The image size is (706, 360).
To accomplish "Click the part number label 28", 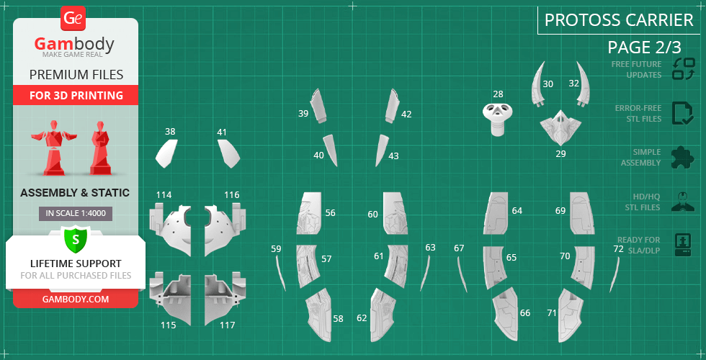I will (498, 94).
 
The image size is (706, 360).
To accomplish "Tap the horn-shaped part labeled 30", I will (537, 85).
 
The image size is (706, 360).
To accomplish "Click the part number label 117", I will (227, 325).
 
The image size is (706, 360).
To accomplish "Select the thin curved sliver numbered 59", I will (280, 273).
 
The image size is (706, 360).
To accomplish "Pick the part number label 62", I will (362, 318).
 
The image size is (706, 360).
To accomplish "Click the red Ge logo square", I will (73, 18).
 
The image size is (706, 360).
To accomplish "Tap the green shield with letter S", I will (75, 238).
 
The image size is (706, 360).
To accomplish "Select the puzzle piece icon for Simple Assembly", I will (682, 158).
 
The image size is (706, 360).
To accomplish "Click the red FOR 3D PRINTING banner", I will (76, 95).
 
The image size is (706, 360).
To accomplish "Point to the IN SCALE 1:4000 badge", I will (76, 214).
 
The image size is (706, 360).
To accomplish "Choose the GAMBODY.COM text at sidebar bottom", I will (76, 299).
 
